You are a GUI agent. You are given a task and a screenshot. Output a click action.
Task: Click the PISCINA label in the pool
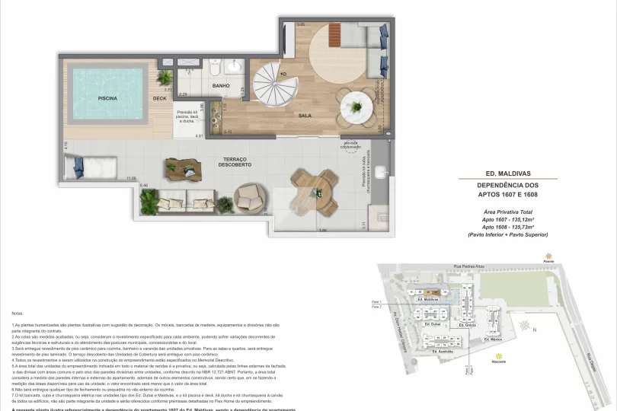coord(107,99)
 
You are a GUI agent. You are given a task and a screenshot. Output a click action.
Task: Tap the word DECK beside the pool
coord(159,99)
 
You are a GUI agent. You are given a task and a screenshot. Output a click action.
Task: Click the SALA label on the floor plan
coord(305,115)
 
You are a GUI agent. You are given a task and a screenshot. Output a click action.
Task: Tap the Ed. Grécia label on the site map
coord(469,326)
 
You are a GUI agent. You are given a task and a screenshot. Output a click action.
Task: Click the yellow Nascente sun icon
coord(497,355)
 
